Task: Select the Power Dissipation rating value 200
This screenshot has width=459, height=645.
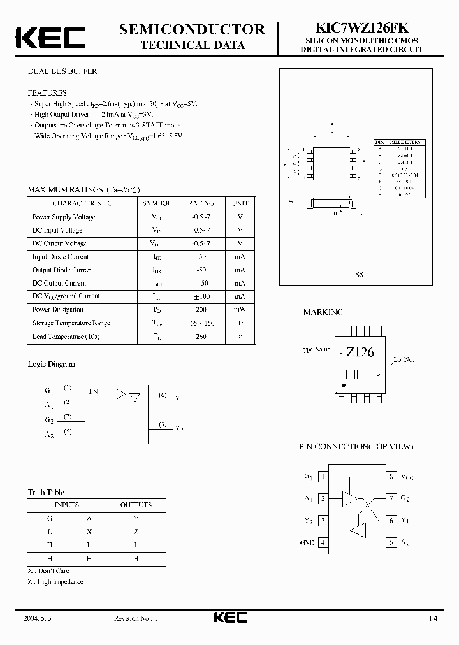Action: point(201,310)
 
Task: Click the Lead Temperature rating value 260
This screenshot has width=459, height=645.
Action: point(201,337)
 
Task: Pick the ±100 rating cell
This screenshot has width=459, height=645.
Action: point(201,296)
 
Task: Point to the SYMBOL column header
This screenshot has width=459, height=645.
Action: point(157,203)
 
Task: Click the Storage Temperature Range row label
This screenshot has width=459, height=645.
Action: point(71,323)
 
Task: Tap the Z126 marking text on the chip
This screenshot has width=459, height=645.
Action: point(360,352)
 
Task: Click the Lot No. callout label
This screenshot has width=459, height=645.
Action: point(404,360)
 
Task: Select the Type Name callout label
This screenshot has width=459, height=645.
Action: point(315,349)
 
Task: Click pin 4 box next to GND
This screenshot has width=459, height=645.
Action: point(323,542)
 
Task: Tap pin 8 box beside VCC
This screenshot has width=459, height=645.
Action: point(391,476)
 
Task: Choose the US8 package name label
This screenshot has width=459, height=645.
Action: point(356,274)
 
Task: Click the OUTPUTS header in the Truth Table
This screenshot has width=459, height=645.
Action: point(136,505)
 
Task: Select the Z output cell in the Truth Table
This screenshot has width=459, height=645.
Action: point(136,532)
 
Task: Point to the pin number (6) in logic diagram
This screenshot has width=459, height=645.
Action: point(163,396)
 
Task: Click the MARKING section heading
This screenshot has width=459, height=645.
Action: point(323,312)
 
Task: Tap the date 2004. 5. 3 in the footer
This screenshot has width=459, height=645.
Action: point(36,618)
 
